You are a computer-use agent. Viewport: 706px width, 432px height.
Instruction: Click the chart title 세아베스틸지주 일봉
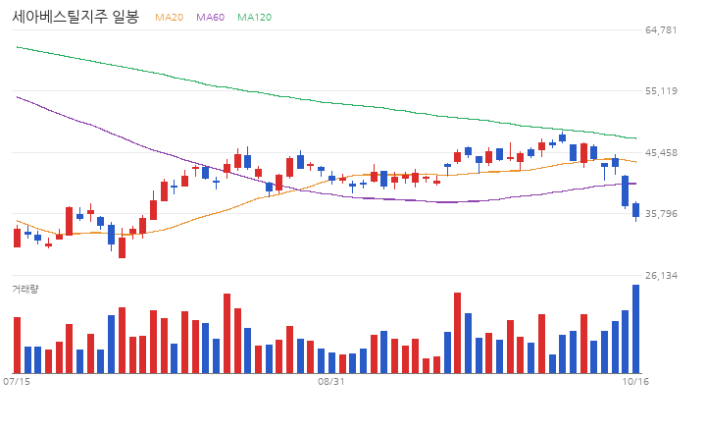pos(76,17)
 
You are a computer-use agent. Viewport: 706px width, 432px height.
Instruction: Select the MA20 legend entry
pos(170,17)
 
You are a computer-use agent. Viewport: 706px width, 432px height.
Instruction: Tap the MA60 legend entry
pos(210,17)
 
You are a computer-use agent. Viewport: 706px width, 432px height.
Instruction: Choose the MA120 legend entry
pos(254,17)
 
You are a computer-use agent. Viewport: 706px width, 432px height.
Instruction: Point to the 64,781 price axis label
pos(661,30)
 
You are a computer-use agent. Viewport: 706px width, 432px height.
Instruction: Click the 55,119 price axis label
pos(661,91)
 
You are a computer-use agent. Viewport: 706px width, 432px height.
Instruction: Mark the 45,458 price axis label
pos(661,153)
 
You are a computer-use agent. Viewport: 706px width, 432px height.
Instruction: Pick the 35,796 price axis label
pos(661,214)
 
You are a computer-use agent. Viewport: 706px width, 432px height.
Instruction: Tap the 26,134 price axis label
pos(661,276)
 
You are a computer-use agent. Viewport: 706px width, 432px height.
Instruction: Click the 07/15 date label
pos(17,382)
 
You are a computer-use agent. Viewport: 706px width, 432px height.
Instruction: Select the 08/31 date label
pos(331,382)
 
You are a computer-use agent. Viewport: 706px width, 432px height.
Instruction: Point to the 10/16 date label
pos(635,382)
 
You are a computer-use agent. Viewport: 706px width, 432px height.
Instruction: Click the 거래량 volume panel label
pos(25,289)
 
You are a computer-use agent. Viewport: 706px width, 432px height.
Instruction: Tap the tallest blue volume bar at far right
pos(635,329)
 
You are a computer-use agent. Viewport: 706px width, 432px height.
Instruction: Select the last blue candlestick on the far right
pos(635,210)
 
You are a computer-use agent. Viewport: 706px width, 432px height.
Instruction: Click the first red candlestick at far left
pos(17,238)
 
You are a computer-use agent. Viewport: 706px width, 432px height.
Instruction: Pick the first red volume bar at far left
pos(17,345)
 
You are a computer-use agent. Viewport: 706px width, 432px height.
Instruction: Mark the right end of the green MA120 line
pos(635,138)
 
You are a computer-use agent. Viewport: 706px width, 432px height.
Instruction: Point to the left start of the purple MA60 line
pos(17,97)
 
